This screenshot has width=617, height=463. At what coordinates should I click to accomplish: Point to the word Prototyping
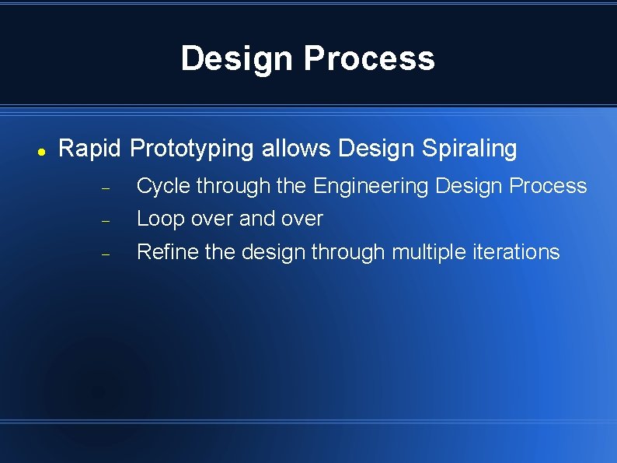(192, 149)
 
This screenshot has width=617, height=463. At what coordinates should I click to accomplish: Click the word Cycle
(163, 186)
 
